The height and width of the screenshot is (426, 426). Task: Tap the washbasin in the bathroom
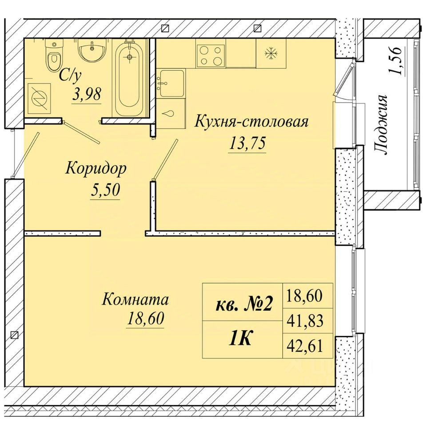pyautogui.click(x=92, y=50)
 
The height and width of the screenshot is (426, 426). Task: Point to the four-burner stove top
pyautogui.click(x=210, y=56)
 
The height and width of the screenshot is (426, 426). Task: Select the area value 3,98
pyautogui.click(x=87, y=95)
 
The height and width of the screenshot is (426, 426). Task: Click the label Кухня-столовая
pyautogui.click(x=251, y=122)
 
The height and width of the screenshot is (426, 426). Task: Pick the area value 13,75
pyautogui.click(x=247, y=143)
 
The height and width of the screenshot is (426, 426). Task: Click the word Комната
pyautogui.click(x=135, y=300)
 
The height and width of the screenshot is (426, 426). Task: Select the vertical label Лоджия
pyautogui.click(x=381, y=125)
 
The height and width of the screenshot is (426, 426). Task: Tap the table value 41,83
pyautogui.click(x=305, y=320)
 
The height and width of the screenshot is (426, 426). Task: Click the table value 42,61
pyautogui.click(x=305, y=346)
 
